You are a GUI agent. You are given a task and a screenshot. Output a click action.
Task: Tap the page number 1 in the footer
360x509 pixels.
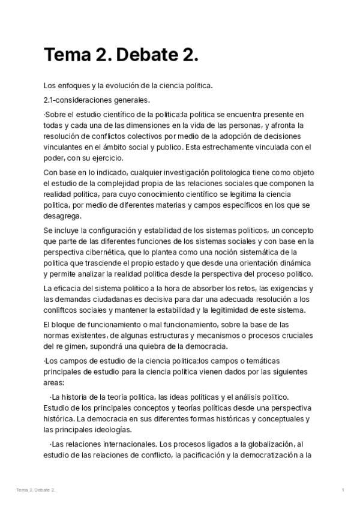(343, 490)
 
